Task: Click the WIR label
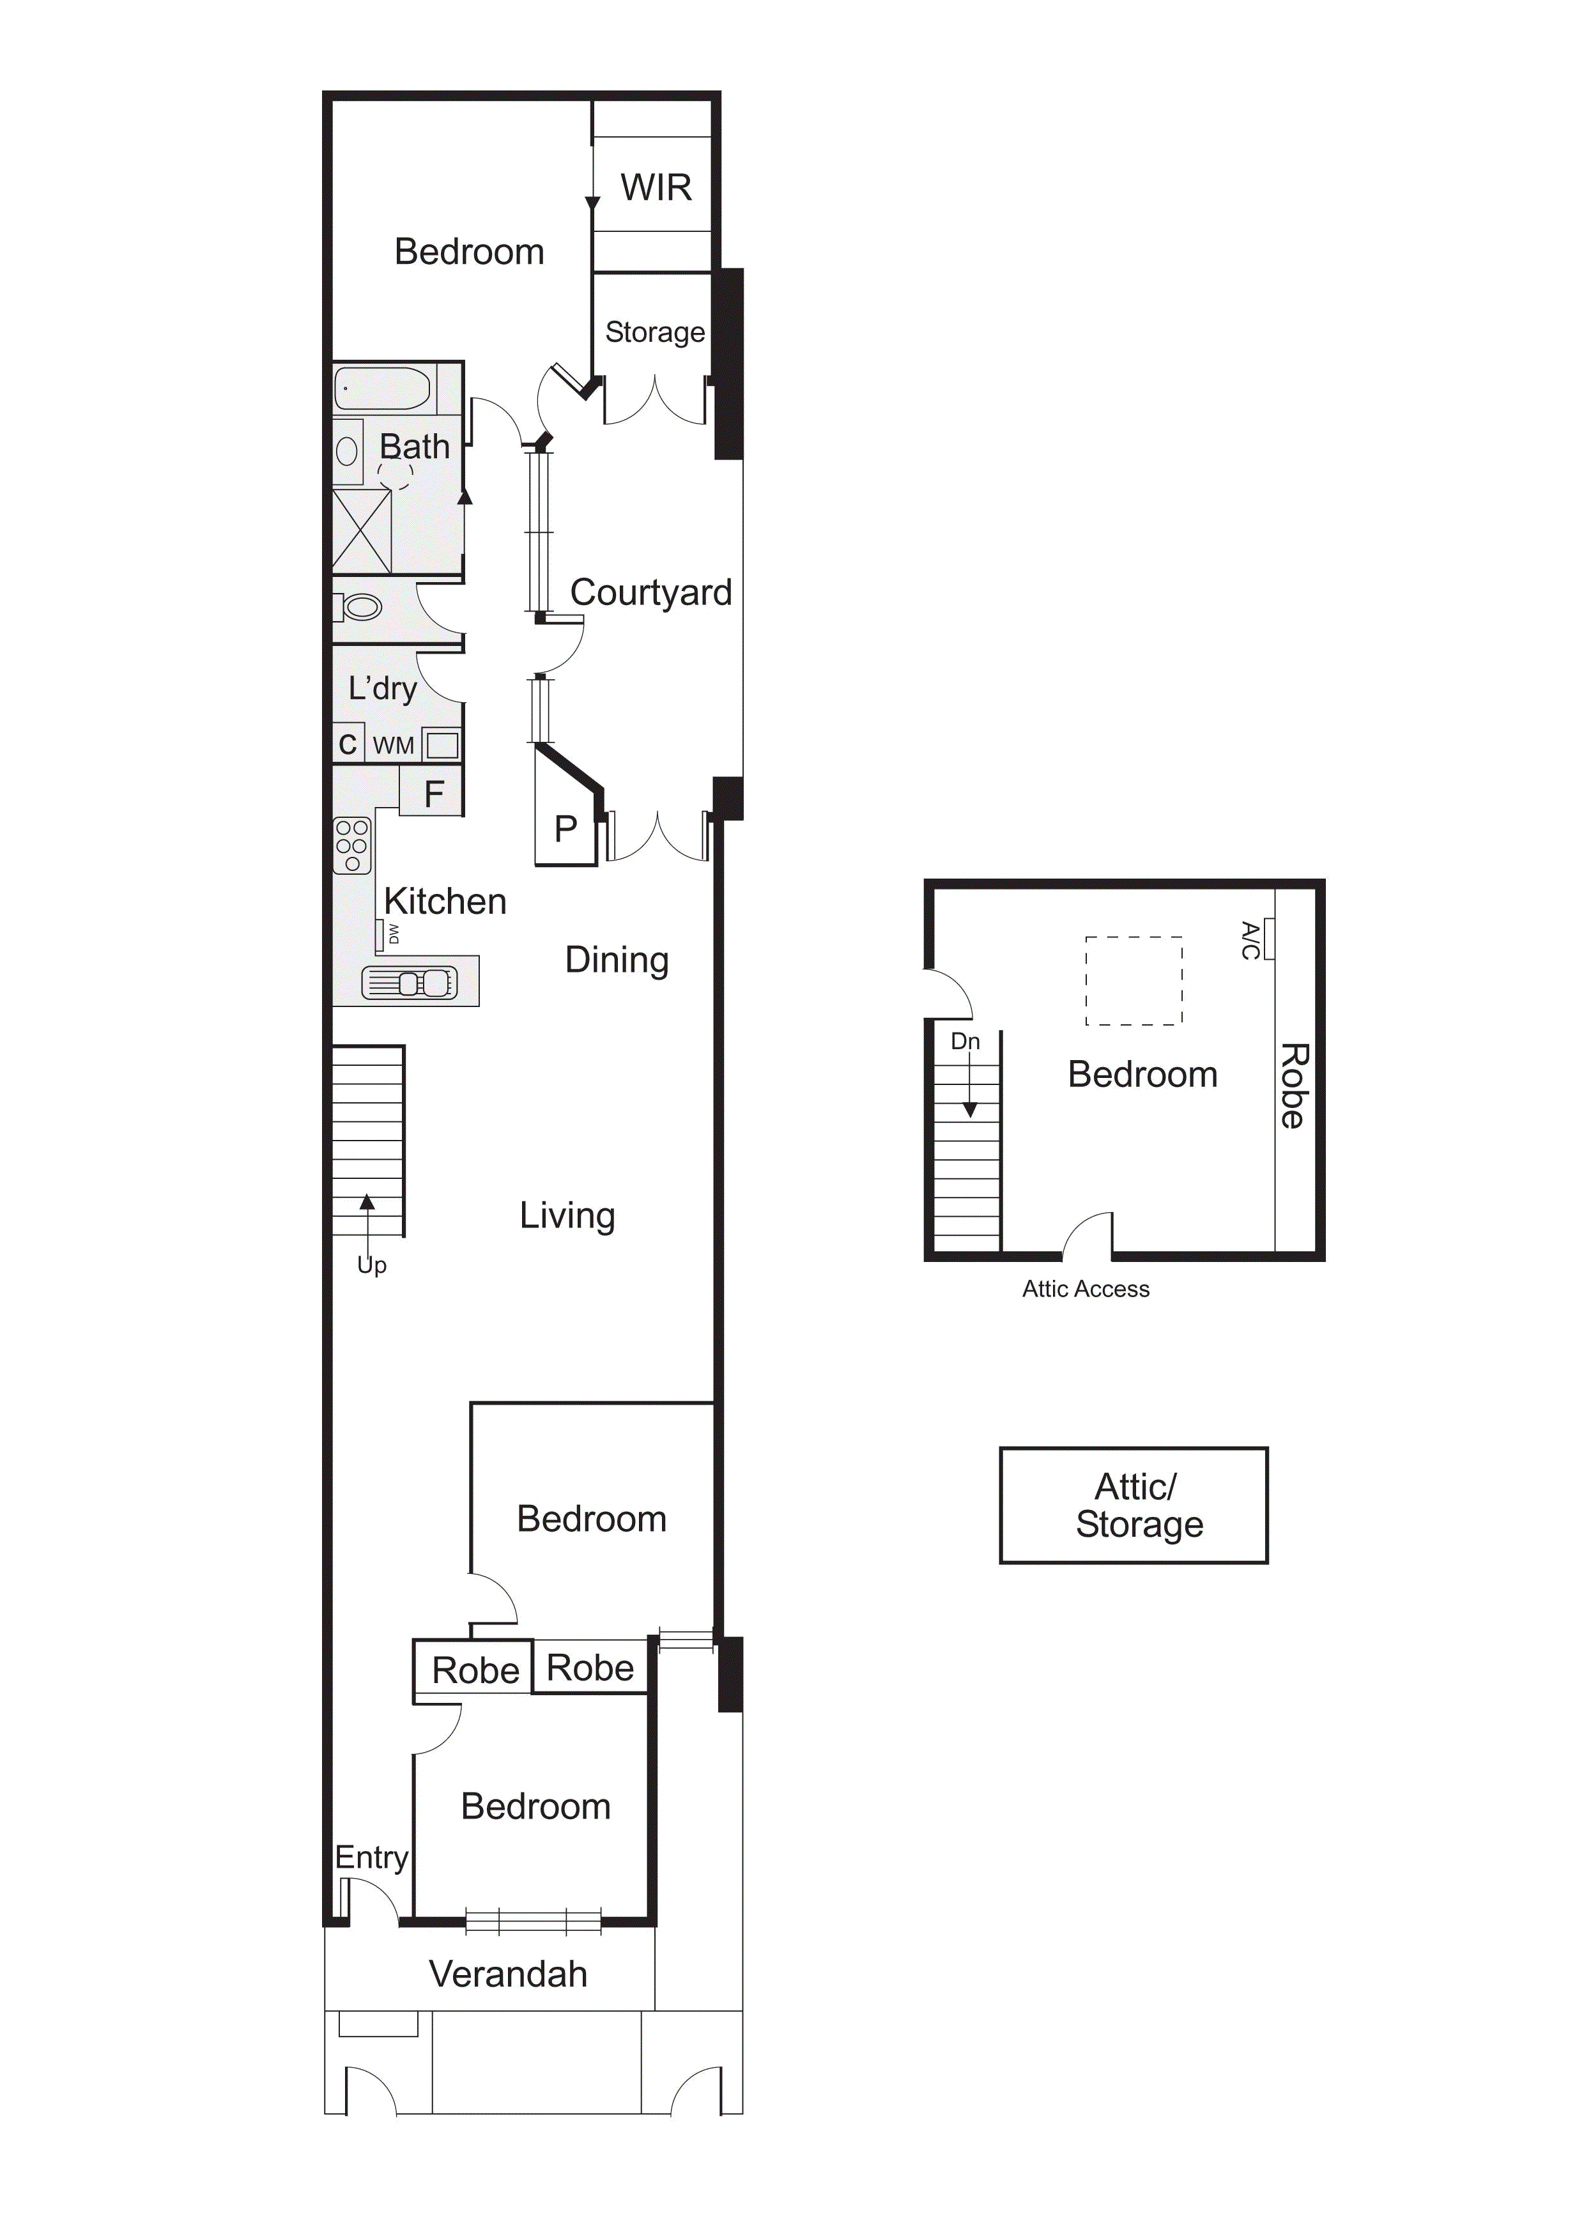[x=656, y=187]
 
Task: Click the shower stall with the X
[x=362, y=532]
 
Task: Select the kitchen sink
[x=410, y=982]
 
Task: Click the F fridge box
[x=432, y=793]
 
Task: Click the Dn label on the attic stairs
[x=965, y=1042]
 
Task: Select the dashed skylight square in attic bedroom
[x=1134, y=981]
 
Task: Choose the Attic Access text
[x=1086, y=1289]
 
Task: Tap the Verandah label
[x=508, y=1974]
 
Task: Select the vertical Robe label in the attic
[x=1293, y=1086]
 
